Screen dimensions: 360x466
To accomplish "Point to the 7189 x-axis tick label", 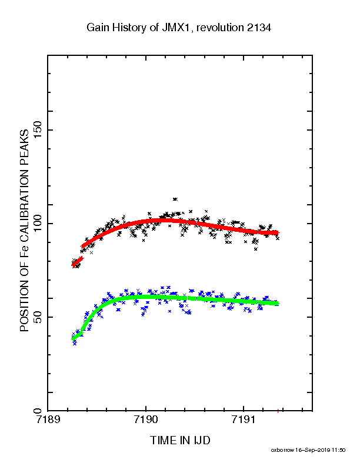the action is coord(48,420).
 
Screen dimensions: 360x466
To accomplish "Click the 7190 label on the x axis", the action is coord(145,420).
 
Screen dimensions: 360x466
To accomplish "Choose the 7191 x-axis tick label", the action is coord(244,420).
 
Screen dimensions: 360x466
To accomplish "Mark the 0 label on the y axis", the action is coord(38,411).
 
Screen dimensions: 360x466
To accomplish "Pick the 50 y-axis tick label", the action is coord(38,317).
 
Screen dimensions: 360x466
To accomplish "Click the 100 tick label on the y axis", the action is coord(38,223).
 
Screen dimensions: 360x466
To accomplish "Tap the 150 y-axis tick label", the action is coord(38,129).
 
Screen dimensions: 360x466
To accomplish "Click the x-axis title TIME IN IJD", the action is coord(180,440).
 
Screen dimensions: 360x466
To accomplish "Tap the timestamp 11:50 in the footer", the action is coord(339,450).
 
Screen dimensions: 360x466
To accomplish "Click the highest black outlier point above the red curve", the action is coord(175,199).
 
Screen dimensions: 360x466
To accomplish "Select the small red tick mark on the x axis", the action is coord(278,411).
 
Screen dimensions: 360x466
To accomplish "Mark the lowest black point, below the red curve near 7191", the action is coord(255,249).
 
